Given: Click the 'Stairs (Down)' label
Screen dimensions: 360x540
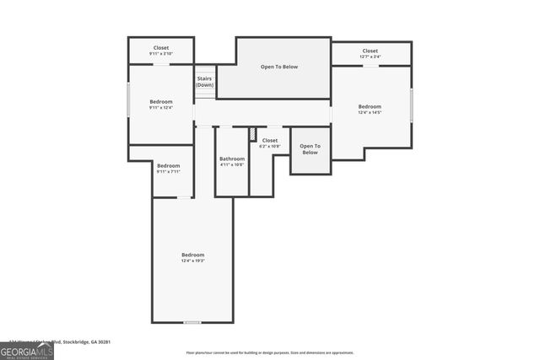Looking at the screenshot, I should (204, 82).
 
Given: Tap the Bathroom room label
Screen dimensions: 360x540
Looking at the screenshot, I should (232, 159).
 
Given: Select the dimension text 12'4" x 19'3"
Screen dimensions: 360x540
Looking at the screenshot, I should (192, 261).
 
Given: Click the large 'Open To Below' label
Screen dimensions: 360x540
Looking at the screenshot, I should (278, 67).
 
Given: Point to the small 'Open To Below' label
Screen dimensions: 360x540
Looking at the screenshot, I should (310, 149).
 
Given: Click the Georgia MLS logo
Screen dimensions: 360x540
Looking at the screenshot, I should (26, 350).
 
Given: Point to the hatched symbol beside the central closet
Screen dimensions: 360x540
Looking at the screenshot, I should (252, 133).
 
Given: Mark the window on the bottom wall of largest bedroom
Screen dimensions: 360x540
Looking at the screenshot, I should (192, 322).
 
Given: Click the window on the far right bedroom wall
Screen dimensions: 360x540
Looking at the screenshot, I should (411, 105).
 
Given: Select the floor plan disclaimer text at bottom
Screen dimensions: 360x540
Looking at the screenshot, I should (271, 352).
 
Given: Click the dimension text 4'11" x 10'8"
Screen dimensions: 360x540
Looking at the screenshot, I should (232, 164).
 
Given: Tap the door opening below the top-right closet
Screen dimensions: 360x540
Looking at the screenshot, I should (370, 66).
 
